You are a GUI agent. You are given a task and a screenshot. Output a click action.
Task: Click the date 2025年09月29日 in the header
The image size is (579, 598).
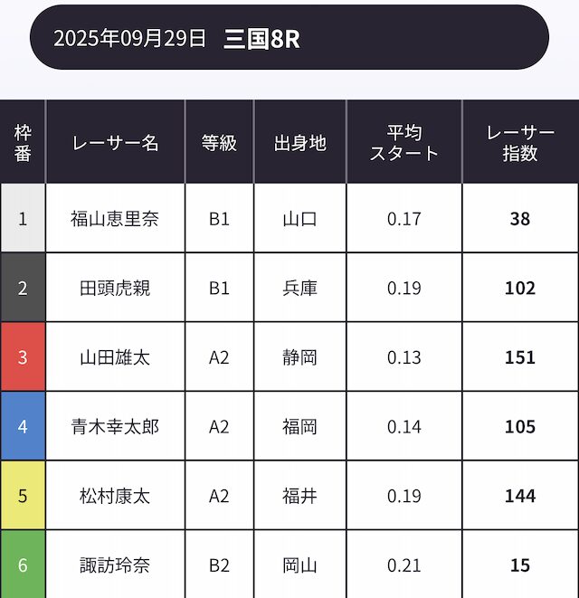pos(130,38)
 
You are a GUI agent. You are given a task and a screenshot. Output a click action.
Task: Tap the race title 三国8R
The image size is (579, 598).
pos(261,38)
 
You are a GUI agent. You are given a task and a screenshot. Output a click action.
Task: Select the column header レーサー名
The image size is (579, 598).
pos(115,143)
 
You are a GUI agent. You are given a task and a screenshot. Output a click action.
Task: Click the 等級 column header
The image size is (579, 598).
pos(219,143)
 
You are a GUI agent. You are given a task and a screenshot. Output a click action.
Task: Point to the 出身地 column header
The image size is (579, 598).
pos(299,143)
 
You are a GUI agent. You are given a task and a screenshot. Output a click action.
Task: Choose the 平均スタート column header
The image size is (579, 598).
pos(403,143)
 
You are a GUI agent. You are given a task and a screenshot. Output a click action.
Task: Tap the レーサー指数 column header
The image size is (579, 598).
pos(520,143)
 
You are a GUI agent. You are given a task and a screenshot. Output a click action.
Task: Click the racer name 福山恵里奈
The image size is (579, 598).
pos(115,219)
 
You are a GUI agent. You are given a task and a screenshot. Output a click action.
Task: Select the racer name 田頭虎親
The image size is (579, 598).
pos(115,289)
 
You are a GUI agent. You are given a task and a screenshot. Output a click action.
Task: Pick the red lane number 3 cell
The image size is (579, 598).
pos(23,357)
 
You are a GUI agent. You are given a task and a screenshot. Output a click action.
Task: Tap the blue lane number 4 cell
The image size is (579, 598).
pos(23,427)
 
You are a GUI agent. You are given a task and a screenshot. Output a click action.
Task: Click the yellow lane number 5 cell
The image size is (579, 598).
pos(23,496)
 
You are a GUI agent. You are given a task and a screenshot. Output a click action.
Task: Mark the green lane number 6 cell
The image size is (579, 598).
pos(23,565)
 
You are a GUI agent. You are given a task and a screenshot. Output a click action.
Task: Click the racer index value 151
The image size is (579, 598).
pos(520,357)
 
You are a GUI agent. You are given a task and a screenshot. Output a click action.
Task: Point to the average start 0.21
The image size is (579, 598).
pos(404,565)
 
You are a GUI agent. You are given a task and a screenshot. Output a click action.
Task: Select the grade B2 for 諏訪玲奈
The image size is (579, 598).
pos(219,565)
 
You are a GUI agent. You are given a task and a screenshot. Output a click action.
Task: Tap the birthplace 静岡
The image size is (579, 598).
pos(299,357)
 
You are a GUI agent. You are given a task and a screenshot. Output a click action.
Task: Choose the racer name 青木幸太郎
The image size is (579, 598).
pos(115,427)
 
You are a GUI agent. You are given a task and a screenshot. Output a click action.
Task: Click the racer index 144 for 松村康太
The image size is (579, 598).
pos(520,496)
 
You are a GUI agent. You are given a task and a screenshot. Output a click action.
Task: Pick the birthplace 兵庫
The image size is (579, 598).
pos(299,289)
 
